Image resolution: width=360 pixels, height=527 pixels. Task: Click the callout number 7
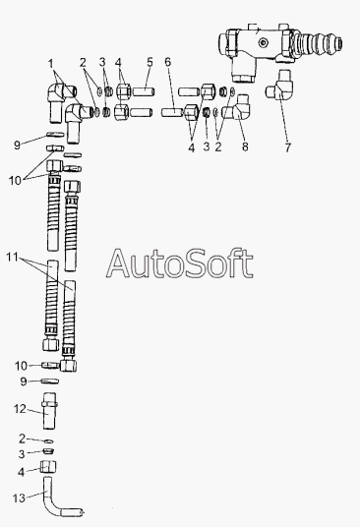click(288, 147)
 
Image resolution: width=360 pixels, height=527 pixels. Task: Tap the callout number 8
click(245, 146)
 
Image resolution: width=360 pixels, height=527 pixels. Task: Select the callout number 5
click(150, 62)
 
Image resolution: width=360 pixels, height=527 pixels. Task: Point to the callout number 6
click(168, 62)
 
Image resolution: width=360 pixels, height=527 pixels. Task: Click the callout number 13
click(19, 498)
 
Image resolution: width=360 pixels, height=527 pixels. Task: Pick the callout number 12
click(20, 409)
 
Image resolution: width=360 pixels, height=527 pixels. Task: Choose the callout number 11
click(12, 258)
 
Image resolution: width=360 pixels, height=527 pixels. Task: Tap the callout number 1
click(51, 64)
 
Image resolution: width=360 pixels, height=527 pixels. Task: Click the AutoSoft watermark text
click(180, 263)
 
